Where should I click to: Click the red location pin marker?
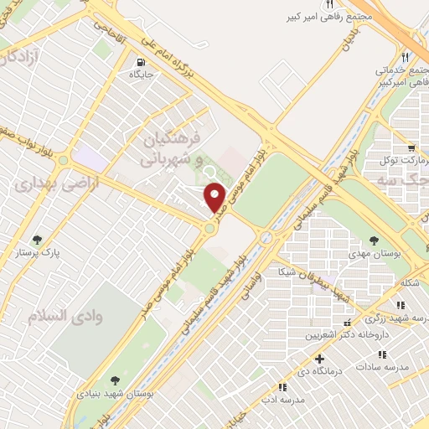pyautogui.click(x=215, y=198)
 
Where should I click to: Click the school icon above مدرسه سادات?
pyautogui.click(x=401, y=353)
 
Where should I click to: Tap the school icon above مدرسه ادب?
pyautogui.click(x=280, y=387)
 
